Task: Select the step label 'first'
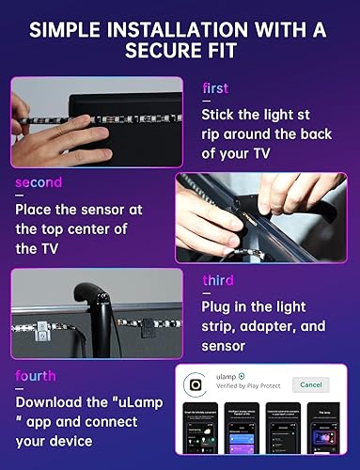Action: (215, 89)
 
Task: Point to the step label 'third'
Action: (217, 280)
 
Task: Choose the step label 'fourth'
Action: (36, 376)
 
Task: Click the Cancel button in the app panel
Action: (310, 384)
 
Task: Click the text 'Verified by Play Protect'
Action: (247, 392)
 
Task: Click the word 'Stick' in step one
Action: (221, 115)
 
